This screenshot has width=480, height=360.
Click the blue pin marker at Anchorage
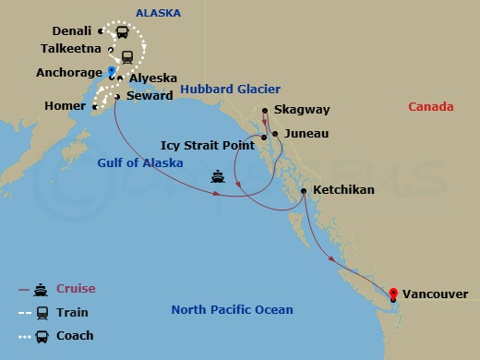coord(112,71)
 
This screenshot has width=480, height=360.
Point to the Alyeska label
coord(152,79)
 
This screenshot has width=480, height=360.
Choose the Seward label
coord(149,95)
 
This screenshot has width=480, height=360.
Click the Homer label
coord(64,106)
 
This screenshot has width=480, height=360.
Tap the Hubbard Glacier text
coord(225,89)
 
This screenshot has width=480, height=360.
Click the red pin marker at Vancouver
coord(394,295)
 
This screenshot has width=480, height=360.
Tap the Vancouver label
coord(436,294)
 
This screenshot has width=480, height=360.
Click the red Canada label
coord(430,107)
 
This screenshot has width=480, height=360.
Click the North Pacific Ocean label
coord(232,310)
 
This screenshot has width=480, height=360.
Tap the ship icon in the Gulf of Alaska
coord(219,174)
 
